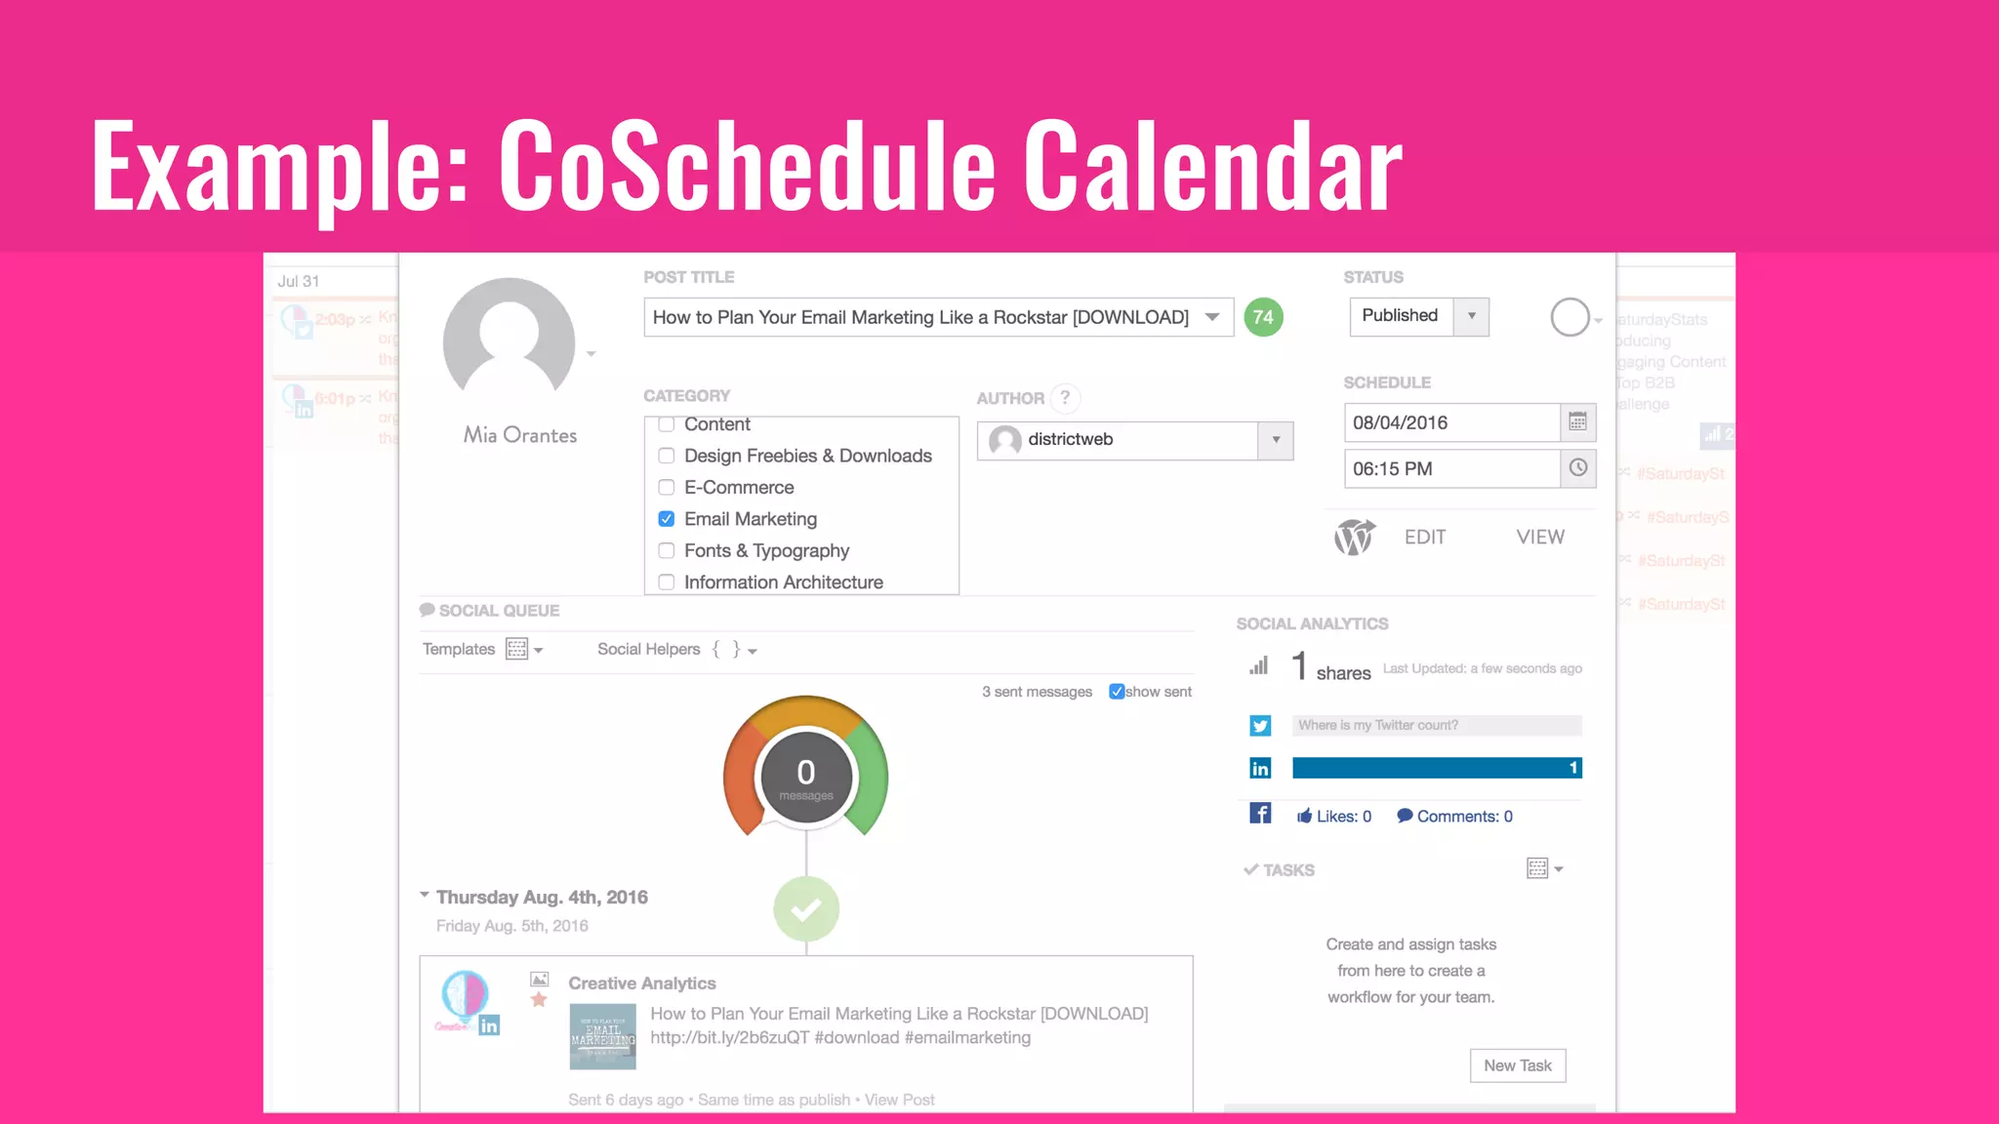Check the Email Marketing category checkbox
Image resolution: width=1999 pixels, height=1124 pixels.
pyautogui.click(x=667, y=519)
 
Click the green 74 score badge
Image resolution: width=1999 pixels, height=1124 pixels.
pyautogui.click(x=1263, y=317)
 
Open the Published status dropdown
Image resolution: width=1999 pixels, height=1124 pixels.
pyautogui.click(x=1471, y=316)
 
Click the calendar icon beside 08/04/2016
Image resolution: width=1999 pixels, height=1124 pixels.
pyautogui.click(x=1577, y=421)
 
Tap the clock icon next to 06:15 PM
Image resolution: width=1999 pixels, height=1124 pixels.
pyautogui.click(x=1577, y=468)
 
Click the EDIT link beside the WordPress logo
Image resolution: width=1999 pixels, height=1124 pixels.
pyautogui.click(x=1424, y=537)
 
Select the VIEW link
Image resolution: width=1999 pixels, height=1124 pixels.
pyautogui.click(x=1539, y=537)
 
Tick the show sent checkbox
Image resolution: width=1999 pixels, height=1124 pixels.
pyautogui.click(x=1117, y=692)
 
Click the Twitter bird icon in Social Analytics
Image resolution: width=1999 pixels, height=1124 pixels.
pyautogui.click(x=1260, y=726)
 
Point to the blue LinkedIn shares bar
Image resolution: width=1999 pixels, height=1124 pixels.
pyautogui.click(x=1436, y=768)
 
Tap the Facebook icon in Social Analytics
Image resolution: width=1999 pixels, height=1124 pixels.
pyautogui.click(x=1260, y=814)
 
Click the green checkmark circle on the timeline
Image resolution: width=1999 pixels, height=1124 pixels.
pyautogui.click(x=806, y=909)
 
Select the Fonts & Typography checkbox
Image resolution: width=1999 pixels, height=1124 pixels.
pyautogui.click(x=667, y=550)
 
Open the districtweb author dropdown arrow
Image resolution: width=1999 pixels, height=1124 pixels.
pyautogui.click(x=1276, y=440)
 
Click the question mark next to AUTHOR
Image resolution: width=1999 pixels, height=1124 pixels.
pyautogui.click(x=1065, y=397)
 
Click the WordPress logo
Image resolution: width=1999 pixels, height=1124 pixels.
pyautogui.click(x=1354, y=537)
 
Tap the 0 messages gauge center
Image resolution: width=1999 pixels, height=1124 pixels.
pyautogui.click(x=806, y=778)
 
